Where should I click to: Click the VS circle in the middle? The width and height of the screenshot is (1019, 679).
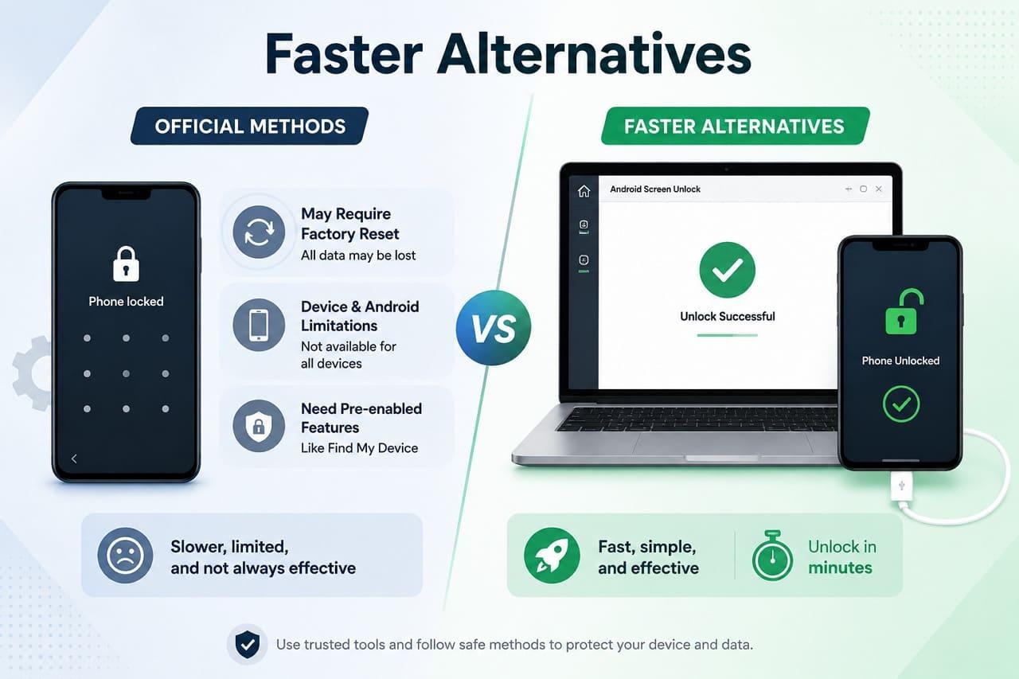tap(494, 327)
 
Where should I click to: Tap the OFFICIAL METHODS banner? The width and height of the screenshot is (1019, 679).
tap(249, 126)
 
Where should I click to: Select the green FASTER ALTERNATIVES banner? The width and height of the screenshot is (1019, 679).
tap(735, 126)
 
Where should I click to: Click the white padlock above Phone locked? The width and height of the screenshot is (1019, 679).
tap(126, 263)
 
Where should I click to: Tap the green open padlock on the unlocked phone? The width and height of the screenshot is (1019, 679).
tap(903, 312)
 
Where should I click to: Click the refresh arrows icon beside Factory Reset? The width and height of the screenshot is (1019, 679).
tap(259, 232)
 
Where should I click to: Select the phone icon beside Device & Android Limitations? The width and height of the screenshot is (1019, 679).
tap(259, 325)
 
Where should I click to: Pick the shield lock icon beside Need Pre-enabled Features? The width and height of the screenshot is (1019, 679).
tap(259, 426)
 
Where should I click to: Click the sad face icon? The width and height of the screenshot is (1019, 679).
tap(125, 556)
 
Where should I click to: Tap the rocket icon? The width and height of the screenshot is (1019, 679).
tap(552, 556)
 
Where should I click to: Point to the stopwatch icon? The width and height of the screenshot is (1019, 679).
tap(772, 556)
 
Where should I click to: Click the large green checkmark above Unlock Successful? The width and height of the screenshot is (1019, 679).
tap(728, 270)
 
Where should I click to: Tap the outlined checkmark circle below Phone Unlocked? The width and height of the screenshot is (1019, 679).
tap(900, 404)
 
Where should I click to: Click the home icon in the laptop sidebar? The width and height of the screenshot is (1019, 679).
tap(584, 191)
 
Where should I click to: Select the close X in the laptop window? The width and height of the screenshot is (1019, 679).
tap(879, 189)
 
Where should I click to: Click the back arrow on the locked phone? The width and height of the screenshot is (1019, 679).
tap(74, 459)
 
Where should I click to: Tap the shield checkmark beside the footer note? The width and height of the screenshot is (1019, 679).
tap(248, 645)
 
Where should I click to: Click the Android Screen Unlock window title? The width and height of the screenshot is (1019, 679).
tap(655, 189)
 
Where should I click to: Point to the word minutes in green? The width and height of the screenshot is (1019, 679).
tap(840, 568)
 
